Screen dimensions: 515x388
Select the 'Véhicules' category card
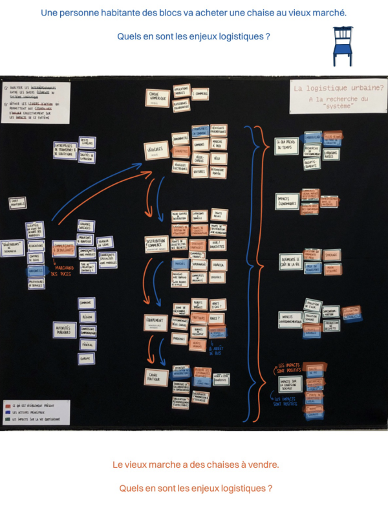(156, 149)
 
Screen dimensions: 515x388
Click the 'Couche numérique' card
(157, 98)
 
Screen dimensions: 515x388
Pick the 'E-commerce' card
(200, 94)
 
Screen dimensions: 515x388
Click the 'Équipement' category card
(156, 322)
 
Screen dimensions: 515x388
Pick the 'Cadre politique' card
(156, 377)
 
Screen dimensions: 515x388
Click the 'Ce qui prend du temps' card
(286, 146)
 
